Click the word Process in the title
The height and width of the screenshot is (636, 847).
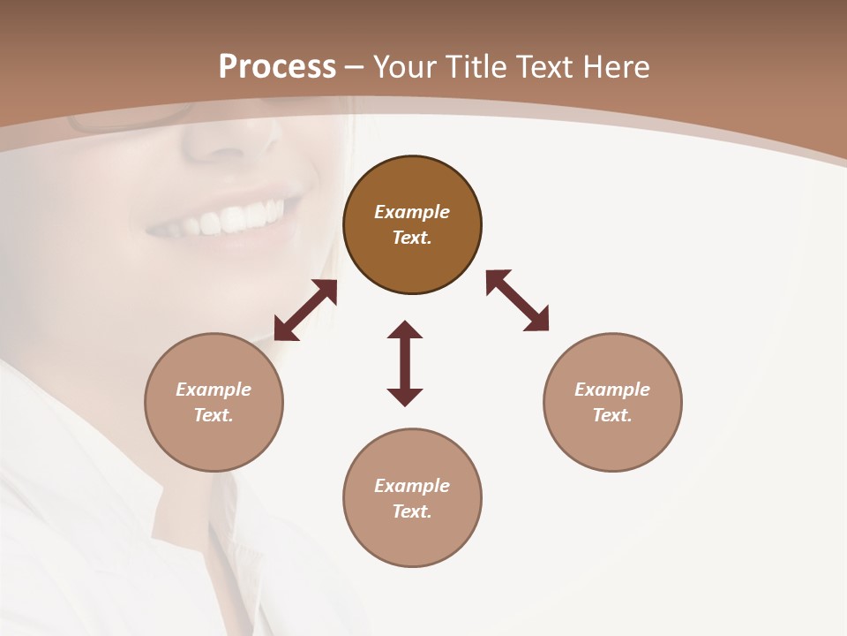pyautogui.click(x=277, y=66)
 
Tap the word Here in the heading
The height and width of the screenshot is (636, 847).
pyautogui.click(x=614, y=66)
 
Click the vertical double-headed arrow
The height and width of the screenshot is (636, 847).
pyautogui.click(x=405, y=363)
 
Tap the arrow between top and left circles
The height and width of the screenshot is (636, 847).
pyautogui.click(x=305, y=310)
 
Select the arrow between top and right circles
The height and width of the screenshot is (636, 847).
pyautogui.click(x=517, y=300)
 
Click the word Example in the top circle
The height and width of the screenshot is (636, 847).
pyautogui.click(x=412, y=212)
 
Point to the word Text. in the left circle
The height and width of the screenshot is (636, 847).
pyautogui.click(x=214, y=415)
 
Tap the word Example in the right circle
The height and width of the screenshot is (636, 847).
pyautogui.click(x=612, y=390)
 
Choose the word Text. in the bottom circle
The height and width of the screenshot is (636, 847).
pyautogui.click(x=412, y=511)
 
